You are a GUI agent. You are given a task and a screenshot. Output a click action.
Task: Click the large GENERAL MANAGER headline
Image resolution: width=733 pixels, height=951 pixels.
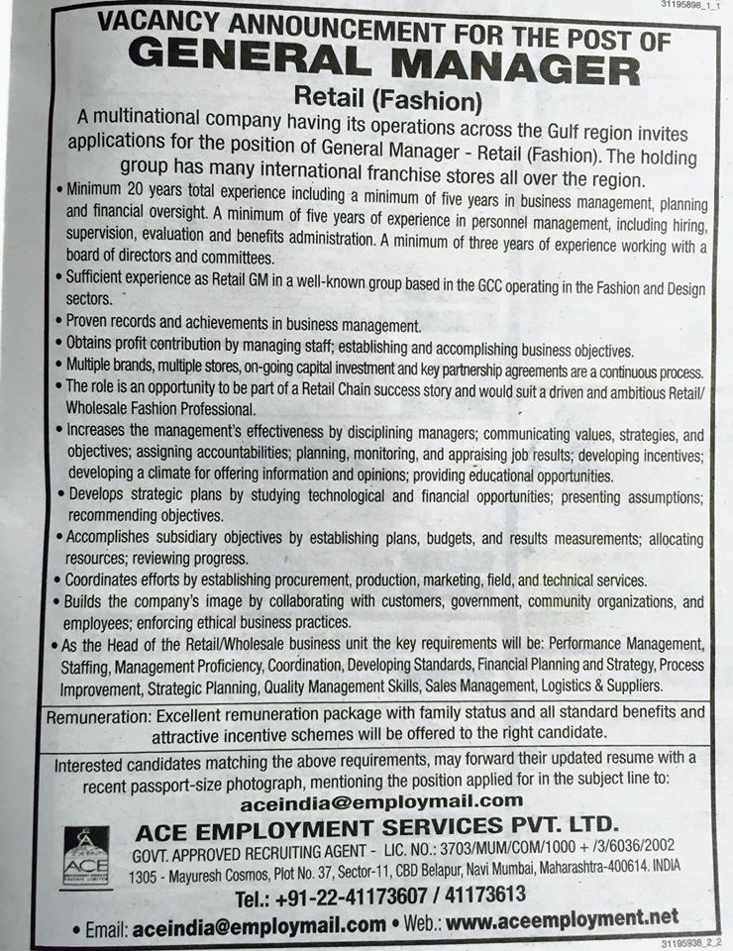click(x=384, y=70)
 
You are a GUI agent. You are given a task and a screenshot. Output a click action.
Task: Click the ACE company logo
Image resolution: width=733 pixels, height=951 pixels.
click(x=86, y=857)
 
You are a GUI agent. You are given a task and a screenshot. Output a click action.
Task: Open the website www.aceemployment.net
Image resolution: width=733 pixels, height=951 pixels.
click(x=564, y=921)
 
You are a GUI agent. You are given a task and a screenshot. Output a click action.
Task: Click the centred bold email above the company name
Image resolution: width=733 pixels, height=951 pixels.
click(x=380, y=801)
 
